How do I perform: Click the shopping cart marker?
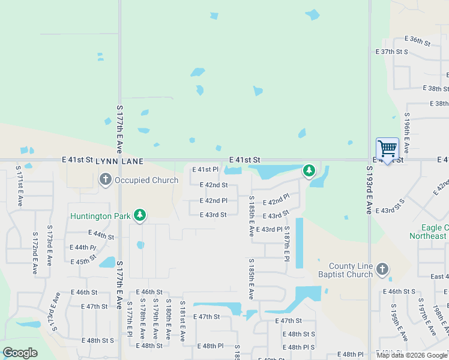tap(387, 148)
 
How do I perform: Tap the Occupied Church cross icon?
tap(106, 179)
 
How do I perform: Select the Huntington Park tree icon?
tap(140, 215)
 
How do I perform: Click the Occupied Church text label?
tap(146, 180)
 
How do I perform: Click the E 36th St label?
tap(418, 41)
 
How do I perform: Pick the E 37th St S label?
tap(392, 52)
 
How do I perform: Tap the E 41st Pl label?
tap(205, 170)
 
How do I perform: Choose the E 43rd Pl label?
tap(269, 230)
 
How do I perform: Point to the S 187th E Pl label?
tap(287, 244)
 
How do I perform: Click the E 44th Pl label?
tap(83, 247)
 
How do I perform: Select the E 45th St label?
tap(83, 261)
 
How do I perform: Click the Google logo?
tap(20, 353)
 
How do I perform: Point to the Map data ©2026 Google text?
tap(412, 355)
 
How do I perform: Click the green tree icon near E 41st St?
tap(309, 171)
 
